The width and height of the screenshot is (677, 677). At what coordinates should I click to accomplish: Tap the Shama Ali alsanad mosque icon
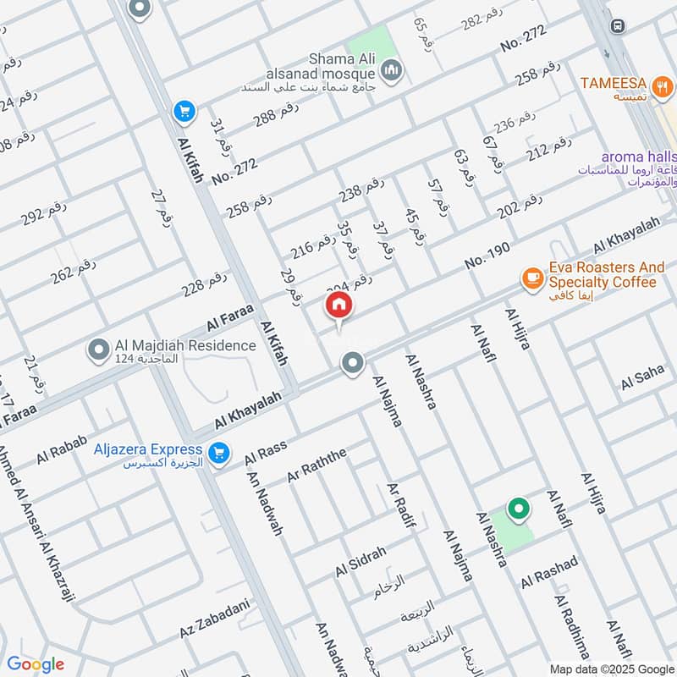390,69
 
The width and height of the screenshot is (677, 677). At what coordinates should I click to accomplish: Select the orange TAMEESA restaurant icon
664,84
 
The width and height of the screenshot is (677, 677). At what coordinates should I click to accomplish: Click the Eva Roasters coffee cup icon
531,278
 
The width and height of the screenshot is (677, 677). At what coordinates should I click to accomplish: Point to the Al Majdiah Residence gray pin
99,348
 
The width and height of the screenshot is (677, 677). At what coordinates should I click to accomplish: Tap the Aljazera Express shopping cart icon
220,453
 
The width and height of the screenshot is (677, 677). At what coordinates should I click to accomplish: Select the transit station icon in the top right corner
618,26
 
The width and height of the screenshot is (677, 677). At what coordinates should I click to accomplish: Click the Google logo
36,663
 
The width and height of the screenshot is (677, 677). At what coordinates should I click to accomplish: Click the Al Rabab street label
57,454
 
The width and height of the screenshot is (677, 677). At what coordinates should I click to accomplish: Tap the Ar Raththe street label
316,466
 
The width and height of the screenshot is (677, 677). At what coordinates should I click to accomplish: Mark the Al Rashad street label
549,572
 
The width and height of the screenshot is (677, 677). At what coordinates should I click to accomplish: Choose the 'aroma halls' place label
639,157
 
